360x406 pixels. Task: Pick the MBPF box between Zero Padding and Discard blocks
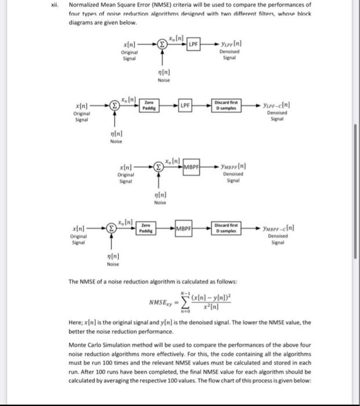pos(184,227)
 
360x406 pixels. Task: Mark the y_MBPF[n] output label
pos(237,167)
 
